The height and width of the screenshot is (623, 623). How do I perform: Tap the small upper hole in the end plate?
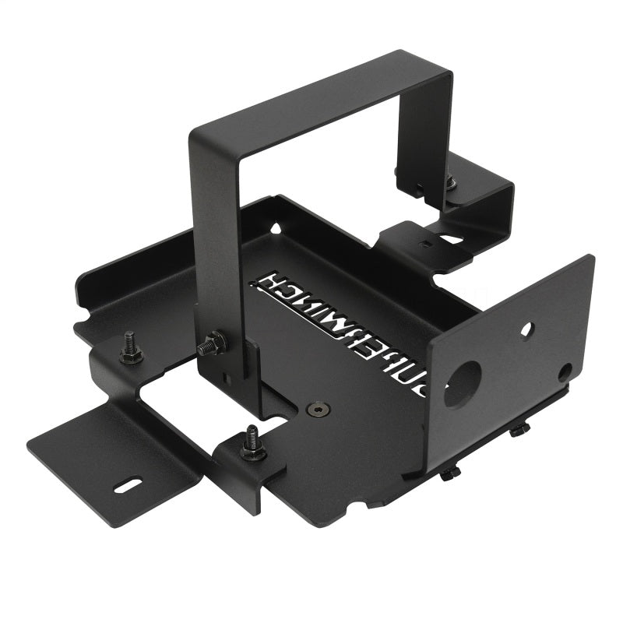(x=526, y=330)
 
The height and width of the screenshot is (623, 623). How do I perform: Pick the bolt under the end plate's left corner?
(x=451, y=473)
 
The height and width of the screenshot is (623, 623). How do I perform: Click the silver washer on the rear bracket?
(x=451, y=184)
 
